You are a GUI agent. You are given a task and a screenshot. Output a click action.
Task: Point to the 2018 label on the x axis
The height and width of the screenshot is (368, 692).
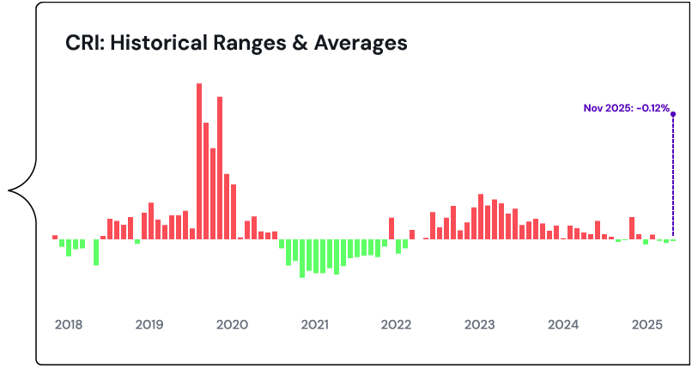coord(69,325)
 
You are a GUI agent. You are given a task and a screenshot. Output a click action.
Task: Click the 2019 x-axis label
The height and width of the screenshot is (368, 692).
coord(149,325)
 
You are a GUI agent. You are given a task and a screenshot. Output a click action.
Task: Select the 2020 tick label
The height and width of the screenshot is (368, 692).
coord(232,325)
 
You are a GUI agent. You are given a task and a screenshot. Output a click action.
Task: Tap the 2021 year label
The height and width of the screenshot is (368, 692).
coord(314,325)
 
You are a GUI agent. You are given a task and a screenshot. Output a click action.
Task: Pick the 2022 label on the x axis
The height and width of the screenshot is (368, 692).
coord(397,325)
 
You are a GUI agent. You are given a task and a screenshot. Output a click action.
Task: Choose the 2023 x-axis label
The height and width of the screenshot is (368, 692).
coord(479,325)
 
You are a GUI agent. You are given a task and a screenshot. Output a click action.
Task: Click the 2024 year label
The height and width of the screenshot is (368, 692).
coord(562,325)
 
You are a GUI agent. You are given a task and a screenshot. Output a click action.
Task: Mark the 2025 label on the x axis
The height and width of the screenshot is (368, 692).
coord(645,325)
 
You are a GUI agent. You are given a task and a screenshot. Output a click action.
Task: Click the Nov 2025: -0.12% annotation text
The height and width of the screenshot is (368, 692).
coord(626,108)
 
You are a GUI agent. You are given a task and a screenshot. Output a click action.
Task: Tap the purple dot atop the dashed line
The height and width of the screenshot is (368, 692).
coord(672,113)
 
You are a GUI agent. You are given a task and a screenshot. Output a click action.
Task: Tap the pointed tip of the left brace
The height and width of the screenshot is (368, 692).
coord(10,189)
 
